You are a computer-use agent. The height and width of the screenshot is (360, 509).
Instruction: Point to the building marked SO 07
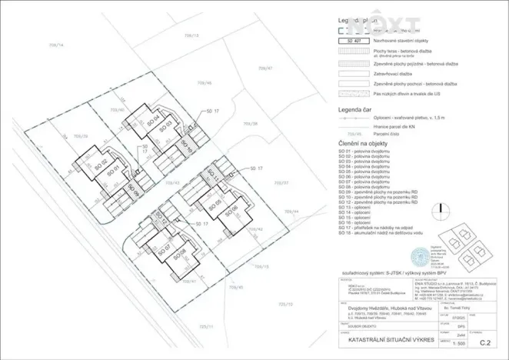pos(162,251)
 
